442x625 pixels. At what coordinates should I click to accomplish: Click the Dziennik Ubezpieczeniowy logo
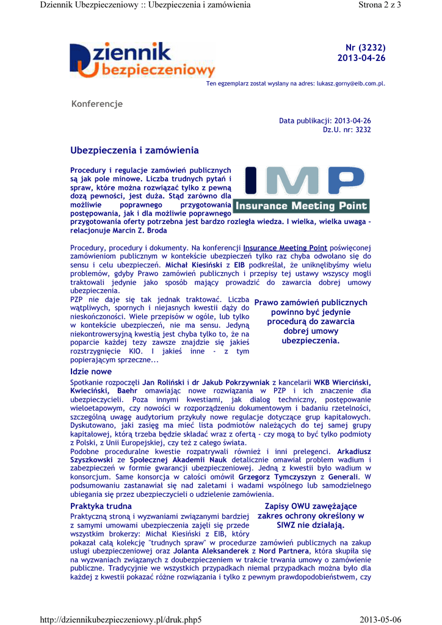(x=142, y=59)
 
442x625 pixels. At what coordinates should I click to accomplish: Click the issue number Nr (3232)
(x=365, y=48)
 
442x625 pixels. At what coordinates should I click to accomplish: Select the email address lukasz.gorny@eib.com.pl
(x=350, y=83)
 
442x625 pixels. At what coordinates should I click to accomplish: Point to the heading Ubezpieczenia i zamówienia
(x=134, y=150)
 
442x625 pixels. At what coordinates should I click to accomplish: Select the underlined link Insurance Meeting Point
(x=285, y=248)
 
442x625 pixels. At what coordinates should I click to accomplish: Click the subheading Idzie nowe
(x=91, y=372)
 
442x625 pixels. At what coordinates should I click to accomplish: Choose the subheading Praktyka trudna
(x=101, y=507)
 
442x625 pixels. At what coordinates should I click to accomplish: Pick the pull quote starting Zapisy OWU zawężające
(x=311, y=516)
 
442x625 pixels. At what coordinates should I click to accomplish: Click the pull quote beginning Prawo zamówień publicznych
(x=311, y=322)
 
